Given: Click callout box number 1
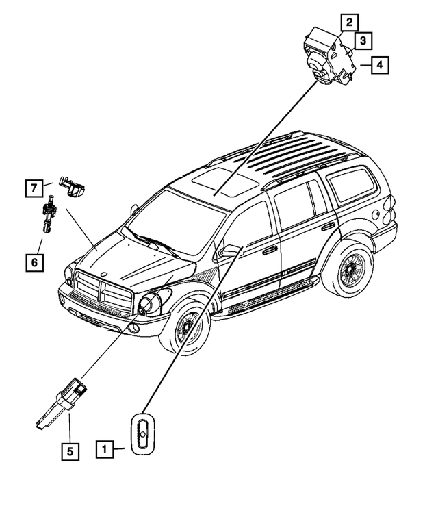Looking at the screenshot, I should point(105,450).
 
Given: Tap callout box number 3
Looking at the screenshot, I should point(363,41).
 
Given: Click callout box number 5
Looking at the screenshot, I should point(69,451).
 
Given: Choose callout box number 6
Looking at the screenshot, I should point(32,261).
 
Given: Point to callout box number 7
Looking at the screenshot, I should point(32,186).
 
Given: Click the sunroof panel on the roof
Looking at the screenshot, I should point(220,181).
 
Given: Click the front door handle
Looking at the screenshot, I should point(270,251).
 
